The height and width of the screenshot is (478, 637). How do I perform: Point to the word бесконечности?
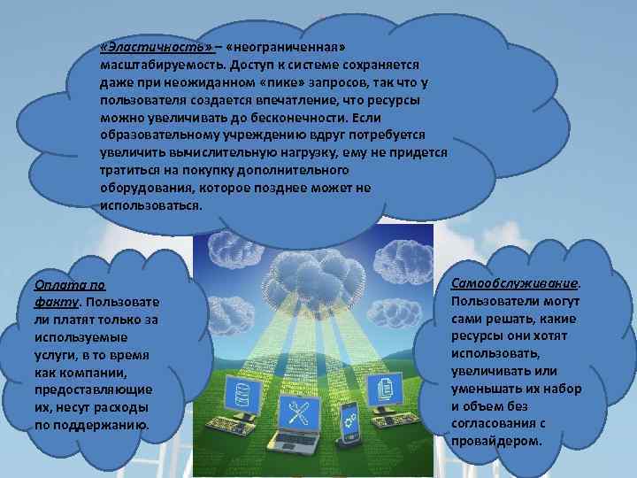(301, 117)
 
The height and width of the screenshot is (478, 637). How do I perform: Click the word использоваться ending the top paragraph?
(152, 204)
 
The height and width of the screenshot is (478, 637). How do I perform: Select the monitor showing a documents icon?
(386, 387)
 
